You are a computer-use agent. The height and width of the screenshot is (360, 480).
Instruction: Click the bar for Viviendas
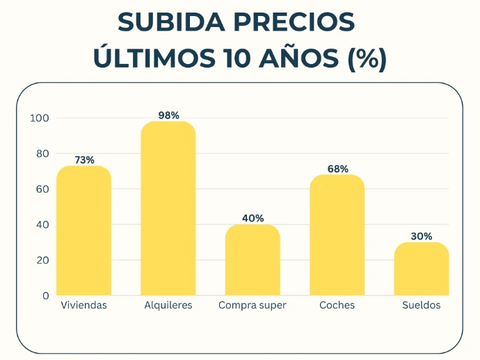click(x=83, y=230)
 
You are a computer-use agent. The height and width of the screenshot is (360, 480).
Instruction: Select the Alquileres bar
click(x=168, y=208)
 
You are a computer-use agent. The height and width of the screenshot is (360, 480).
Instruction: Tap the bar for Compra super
click(x=253, y=260)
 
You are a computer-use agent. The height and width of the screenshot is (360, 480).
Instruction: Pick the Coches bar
click(x=337, y=235)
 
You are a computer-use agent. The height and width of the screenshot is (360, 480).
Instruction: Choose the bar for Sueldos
click(x=422, y=269)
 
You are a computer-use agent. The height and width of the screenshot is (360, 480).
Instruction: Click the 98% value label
click(x=168, y=116)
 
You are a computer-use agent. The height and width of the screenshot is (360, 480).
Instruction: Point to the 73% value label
click(x=84, y=160)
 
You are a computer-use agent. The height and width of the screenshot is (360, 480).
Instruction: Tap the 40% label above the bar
click(x=253, y=219)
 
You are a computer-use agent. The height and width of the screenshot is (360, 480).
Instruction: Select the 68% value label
click(x=337, y=169)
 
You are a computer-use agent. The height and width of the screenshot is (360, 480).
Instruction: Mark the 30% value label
click(x=422, y=237)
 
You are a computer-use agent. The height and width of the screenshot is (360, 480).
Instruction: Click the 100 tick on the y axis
click(x=40, y=118)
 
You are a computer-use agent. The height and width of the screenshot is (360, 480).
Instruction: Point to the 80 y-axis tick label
click(x=42, y=154)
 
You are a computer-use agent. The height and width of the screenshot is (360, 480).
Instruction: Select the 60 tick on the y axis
click(x=42, y=189)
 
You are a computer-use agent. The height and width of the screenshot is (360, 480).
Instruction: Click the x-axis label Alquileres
click(x=168, y=306)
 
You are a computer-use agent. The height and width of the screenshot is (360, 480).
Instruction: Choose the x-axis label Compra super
click(x=253, y=306)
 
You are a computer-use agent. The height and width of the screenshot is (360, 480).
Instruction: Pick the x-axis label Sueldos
click(x=422, y=306)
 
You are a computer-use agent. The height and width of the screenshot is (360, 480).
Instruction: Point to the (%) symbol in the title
click(x=366, y=58)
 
